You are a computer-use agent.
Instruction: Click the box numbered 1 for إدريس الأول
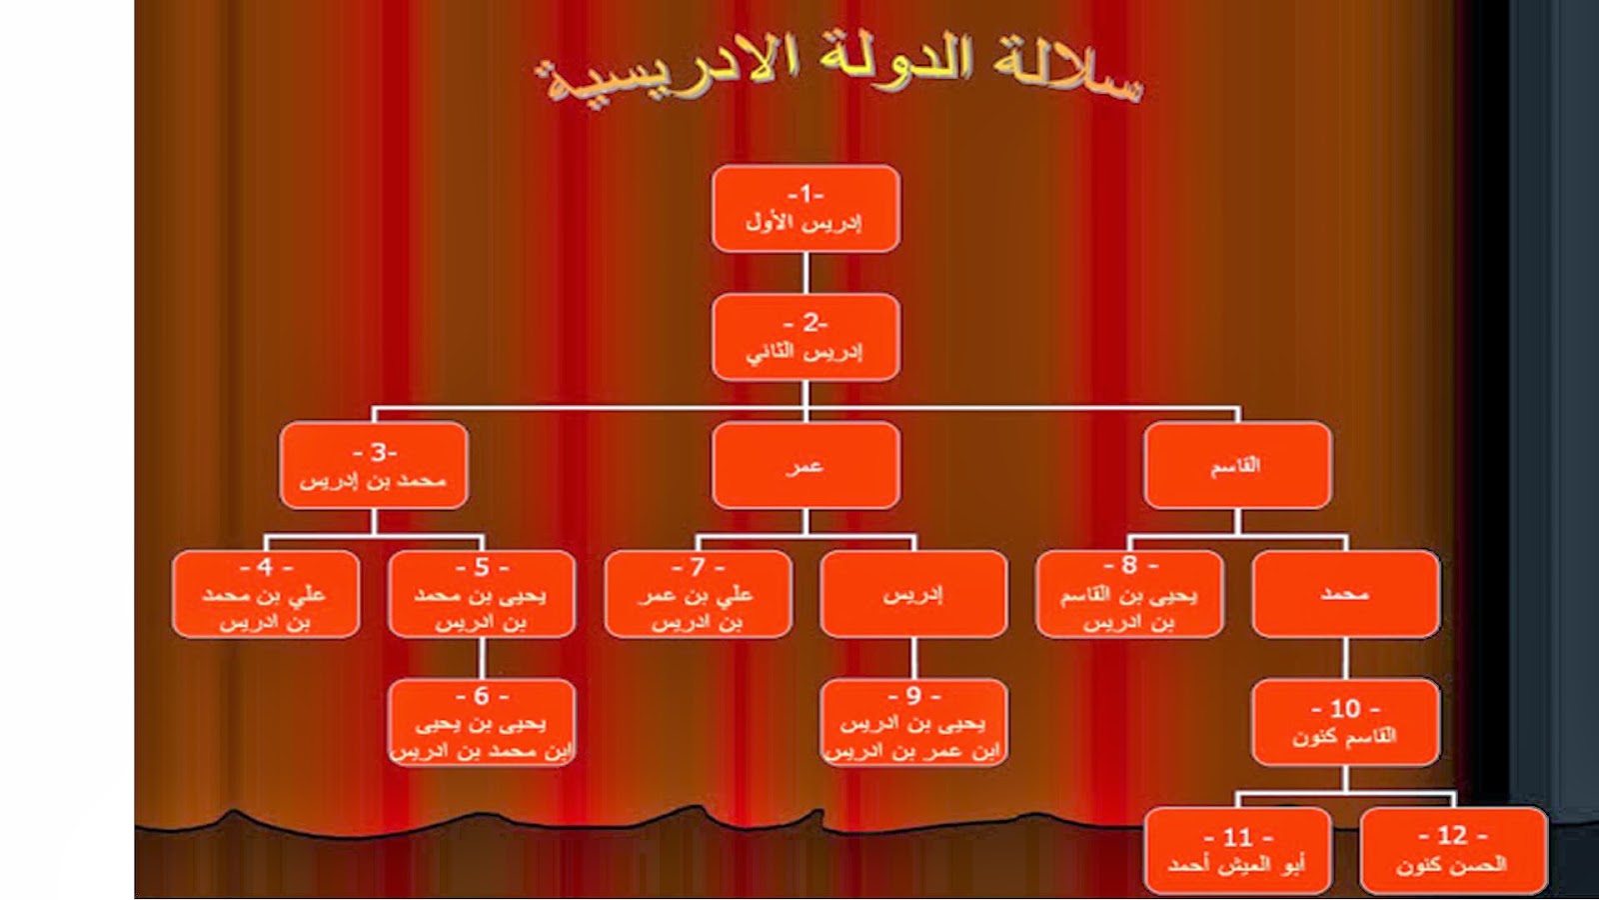pyautogui.click(x=805, y=208)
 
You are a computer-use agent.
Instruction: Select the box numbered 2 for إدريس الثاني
pyautogui.click(x=805, y=337)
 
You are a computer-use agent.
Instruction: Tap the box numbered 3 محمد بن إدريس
pyautogui.click(x=374, y=466)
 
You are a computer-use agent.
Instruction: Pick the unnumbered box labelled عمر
pyautogui.click(x=805, y=466)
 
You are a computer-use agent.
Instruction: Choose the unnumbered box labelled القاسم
pyautogui.click(x=1237, y=466)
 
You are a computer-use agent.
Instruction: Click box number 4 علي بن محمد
pyautogui.click(x=266, y=594)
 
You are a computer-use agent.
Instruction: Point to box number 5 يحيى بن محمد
pyautogui.click(x=482, y=594)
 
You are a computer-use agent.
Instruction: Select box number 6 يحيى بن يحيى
pyautogui.click(x=482, y=723)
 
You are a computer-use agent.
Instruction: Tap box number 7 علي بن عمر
pyautogui.click(x=698, y=594)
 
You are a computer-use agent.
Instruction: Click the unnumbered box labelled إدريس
pyautogui.click(x=913, y=594)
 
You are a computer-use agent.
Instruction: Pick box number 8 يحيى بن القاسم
pyautogui.click(x=1129, y=594)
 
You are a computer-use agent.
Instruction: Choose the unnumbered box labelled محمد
pyautogui.click(x=1345, y=594)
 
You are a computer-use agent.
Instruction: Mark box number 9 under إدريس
pyautogui.click(x=913, y=723)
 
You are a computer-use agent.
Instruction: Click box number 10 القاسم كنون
pyautogui.click(x=1345, y=723)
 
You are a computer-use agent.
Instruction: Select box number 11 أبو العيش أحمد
pyautogui.click(x=1237, y=851)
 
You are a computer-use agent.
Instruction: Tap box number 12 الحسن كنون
pyautogui.click(x=1453, y=851)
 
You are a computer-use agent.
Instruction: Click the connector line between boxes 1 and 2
pyautogui.click(x=805, y=273)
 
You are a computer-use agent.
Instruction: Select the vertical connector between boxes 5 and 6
pyautogui.click(x=482, y=658)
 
